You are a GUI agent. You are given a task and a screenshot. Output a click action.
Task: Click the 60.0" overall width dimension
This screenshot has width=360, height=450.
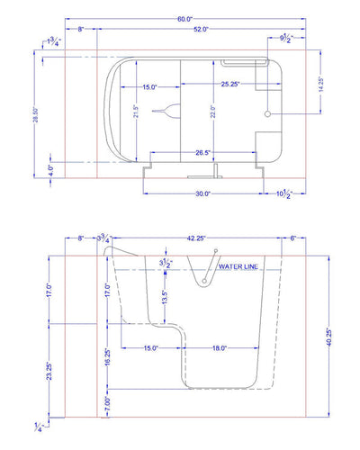coord(184,19)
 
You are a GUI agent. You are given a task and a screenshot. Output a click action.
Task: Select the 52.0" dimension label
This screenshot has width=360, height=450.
coord(201,29)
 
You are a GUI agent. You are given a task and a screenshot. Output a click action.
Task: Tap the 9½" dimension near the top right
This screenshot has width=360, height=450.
coord(285,38)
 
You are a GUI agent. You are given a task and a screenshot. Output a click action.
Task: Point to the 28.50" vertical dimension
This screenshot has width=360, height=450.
coord(36,114)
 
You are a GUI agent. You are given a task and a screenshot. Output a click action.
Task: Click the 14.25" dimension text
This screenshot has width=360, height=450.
coord(321,85)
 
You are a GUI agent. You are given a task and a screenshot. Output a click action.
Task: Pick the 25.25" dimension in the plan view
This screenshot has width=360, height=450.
coord(230,84)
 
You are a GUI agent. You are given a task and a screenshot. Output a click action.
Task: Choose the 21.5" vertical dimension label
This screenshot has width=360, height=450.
coord(136,112)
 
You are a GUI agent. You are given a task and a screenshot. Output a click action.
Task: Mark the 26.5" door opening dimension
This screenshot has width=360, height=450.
coord(202,153)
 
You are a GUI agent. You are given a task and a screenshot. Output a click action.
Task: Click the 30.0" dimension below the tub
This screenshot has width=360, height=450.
coord(202,193)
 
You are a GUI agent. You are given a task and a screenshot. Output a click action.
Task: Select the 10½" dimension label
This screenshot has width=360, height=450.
coord(283,194)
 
